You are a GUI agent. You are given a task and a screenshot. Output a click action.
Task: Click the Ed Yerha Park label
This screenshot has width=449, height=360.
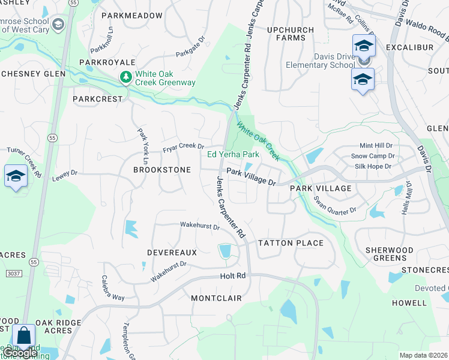tap(233, 154)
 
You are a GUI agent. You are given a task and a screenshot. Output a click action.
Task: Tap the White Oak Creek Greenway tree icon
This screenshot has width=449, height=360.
tap(125, 77)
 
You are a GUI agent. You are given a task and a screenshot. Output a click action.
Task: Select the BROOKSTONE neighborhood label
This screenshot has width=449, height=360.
tap(162, 170)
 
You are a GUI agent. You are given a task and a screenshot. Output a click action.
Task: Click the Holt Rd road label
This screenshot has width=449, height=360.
tap(233, 276)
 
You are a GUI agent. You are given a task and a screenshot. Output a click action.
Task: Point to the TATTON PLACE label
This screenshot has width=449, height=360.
tap(291, 243)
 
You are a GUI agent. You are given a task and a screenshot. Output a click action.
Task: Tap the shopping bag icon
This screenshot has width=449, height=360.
tap(24, 337)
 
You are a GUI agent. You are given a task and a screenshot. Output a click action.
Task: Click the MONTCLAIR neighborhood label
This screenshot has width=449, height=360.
tap(216, 298)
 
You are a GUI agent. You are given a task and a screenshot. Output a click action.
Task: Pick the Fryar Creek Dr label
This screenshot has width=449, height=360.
tap(184, 146)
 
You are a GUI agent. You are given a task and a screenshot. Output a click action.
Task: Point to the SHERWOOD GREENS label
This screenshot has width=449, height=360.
tap(390, 254)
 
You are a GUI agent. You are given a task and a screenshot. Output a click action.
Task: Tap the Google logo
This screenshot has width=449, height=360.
tap(20, 353)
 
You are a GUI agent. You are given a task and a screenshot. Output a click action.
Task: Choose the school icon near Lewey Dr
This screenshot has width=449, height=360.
tap(16, 176)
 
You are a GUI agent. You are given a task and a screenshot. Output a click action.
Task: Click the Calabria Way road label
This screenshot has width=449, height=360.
tap(113, 288)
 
